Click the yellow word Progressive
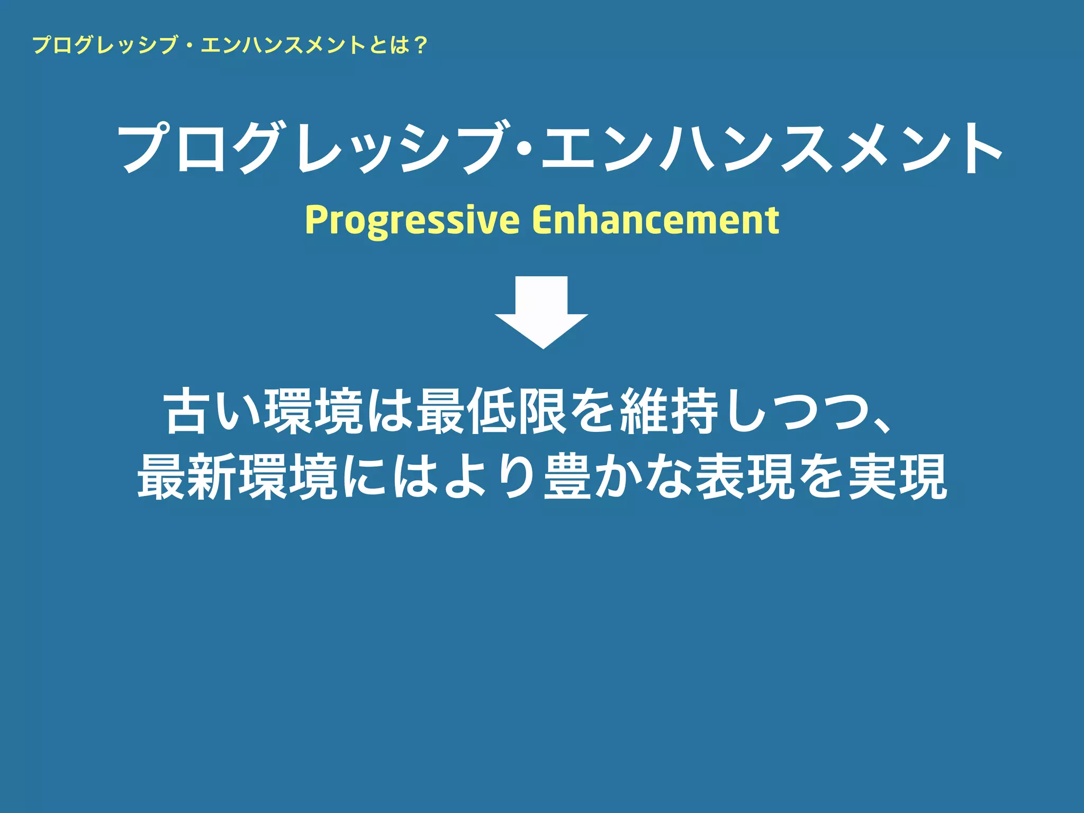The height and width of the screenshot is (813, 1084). [x=412, y=220]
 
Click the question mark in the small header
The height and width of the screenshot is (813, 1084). [x=420, y=46]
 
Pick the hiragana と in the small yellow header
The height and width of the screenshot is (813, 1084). [x=378, y=46]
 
